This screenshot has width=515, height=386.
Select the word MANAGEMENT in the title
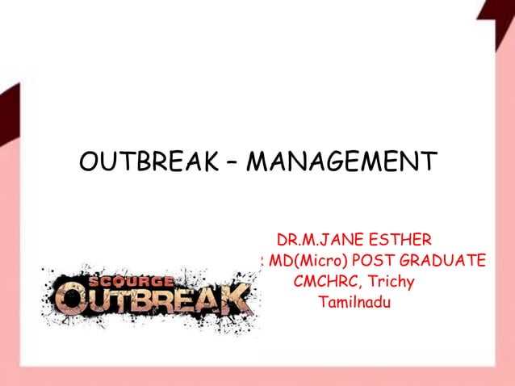341,162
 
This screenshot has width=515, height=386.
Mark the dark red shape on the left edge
8,109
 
